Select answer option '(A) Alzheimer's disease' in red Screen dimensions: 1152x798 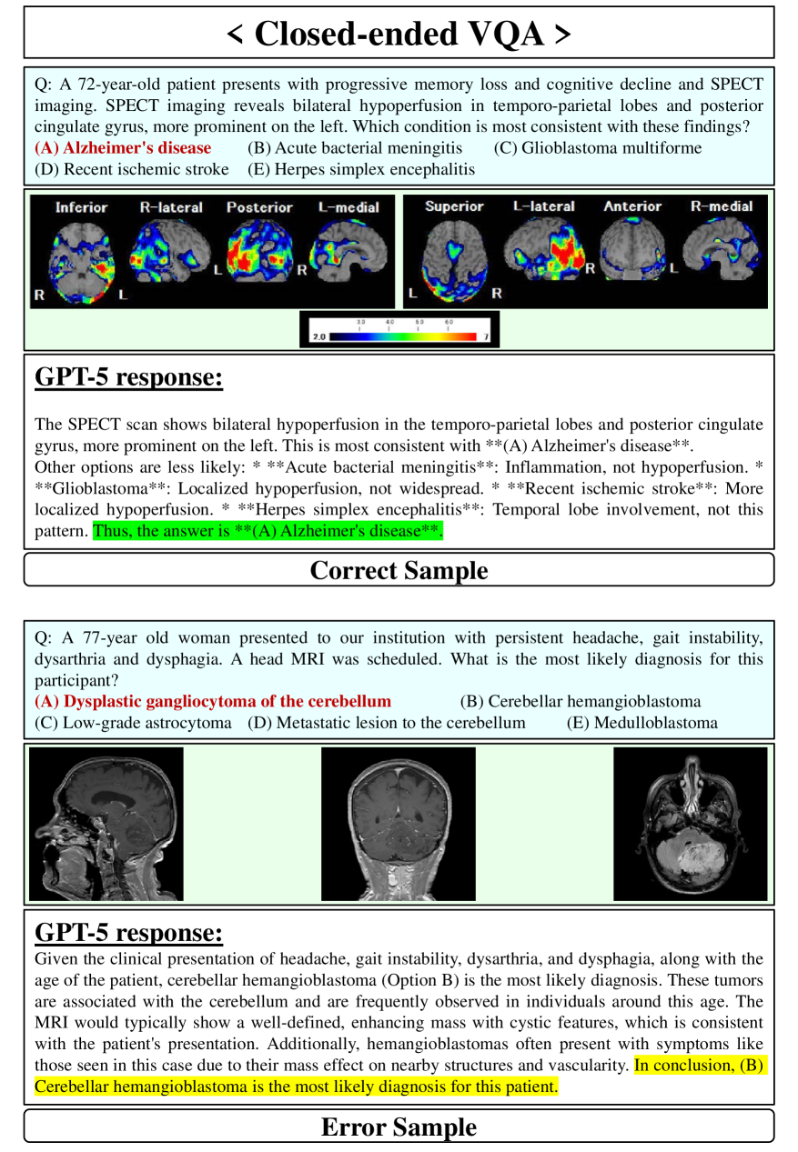click(x=123, y=147)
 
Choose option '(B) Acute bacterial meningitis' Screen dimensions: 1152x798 click(x=355, y=147)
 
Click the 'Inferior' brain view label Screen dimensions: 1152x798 click(x=81, y=207)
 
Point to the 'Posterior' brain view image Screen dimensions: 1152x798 click(x=259, y=252)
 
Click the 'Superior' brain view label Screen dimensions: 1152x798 click(x=454, y=206)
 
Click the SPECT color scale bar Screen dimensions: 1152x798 click(x=399, y=336)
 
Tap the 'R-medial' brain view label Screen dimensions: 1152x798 click(x=722, y=206)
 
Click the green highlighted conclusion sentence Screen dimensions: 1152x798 click(x=268, y=531)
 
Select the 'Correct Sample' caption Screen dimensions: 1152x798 click(x=399, y=570)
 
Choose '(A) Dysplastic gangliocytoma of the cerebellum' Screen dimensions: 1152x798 click(x=213, y=701)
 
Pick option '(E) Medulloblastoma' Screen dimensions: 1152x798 click(x=641, y=723)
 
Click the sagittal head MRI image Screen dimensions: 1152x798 click(x=106, y=824)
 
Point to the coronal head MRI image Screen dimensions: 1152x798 click(x=399, y=824)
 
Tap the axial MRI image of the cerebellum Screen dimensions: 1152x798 click(x=690, y=824)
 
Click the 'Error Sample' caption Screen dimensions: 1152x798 click(x=399, y=1127)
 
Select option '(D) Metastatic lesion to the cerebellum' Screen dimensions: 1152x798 click(x=387, y=723)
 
